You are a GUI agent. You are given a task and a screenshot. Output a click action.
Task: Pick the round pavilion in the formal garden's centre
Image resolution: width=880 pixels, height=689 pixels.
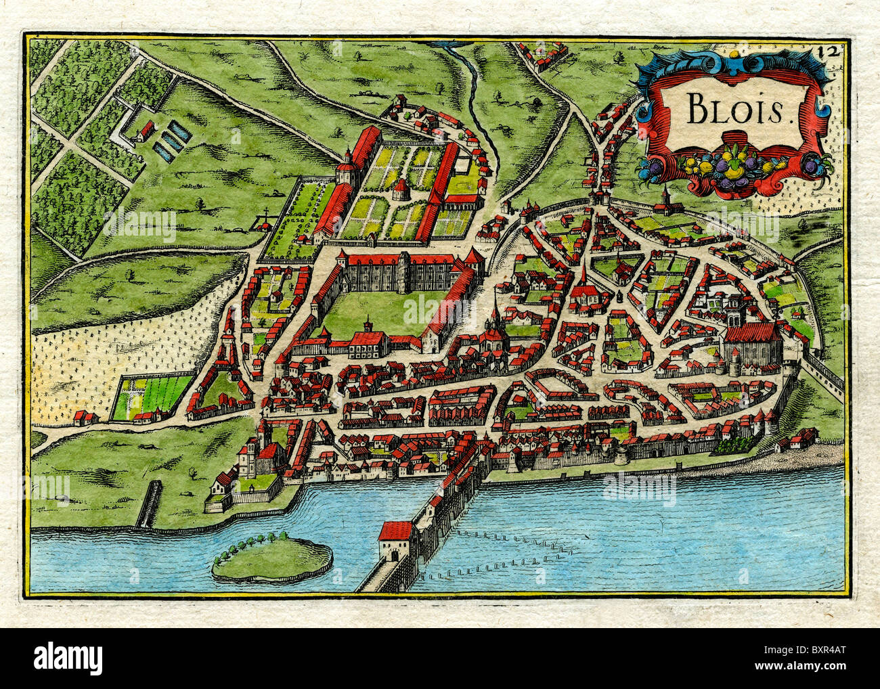(401, 187)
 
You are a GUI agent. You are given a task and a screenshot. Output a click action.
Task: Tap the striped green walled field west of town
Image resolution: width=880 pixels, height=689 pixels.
(154, 395)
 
